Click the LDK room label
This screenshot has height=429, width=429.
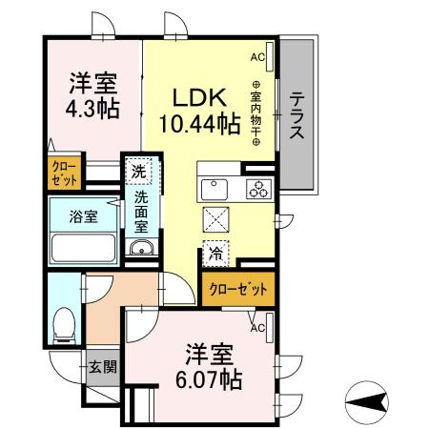click(x=198, y=97)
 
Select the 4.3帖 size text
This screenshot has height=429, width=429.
click(x=92, y=108)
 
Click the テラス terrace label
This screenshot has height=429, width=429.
click(x=297, y=116)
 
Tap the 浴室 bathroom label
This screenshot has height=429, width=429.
click(x=83, y=216)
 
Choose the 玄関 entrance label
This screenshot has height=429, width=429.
click(x=103, y=366)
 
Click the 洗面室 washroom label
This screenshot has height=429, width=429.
click(x=140, y=213)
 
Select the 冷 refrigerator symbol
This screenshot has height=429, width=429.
click(x=215, y=254)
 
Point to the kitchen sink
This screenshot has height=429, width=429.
click(x=214, y=187)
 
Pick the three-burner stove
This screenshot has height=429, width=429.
click(x=256, y=188)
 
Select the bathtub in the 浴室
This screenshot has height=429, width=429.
click(x=82, y=251)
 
